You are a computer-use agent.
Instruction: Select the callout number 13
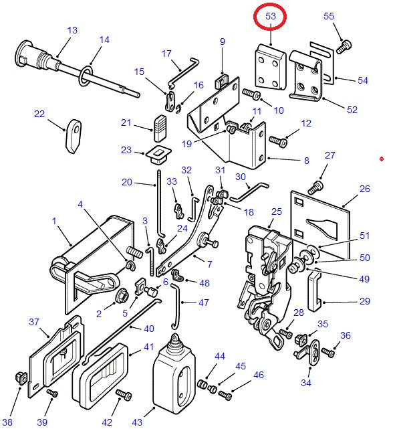(72, 30)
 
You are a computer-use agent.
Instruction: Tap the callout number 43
(138, 422)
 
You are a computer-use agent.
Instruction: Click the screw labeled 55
(345, 46)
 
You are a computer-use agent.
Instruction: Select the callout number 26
(364, 189)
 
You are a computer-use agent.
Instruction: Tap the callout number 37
(34, 322)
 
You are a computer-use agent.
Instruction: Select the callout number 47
(204, 302)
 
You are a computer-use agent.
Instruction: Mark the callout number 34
(305, 383)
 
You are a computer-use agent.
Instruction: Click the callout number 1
(53, 221)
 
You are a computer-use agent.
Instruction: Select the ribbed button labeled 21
(158, 124)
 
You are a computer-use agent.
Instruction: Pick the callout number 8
(306, 161)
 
